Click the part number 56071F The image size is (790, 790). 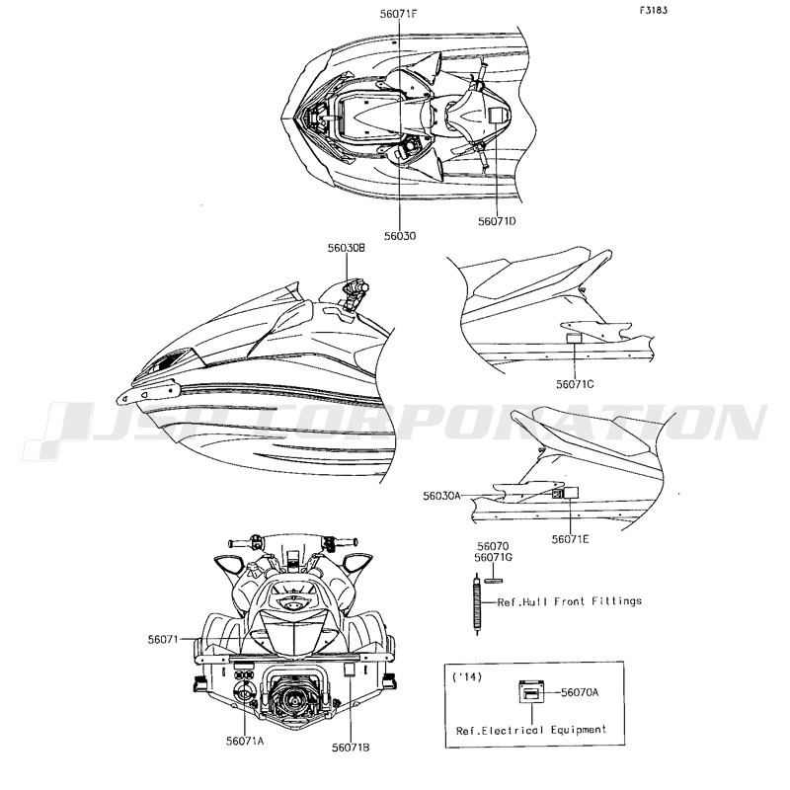[x=399, y=14]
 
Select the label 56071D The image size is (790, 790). [x=497, y=220]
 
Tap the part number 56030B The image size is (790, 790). [x=347, y=248]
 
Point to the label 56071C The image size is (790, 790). [x=575, y=384]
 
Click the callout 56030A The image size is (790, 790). [x=441, y=496]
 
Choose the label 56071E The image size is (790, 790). [x=571, y=539]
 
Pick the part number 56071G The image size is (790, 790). [x=493, y=558]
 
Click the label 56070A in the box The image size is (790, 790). [x=580, y=692]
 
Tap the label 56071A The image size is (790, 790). [x=245, y=741]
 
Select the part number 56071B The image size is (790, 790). [x=351, y=748]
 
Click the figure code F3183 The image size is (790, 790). [x=654, y=10]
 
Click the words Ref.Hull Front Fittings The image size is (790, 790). [x=570, y=601]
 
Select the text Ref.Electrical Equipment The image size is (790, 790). [x=531, y=730]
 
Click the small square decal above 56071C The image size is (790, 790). [x=574, y=338]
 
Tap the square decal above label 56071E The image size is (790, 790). [x=571, y=492]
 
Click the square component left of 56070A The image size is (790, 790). [x=532, y=691]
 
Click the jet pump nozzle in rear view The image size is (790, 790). [x=292, y=698]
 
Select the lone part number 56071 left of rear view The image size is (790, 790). [x=163, y=639]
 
